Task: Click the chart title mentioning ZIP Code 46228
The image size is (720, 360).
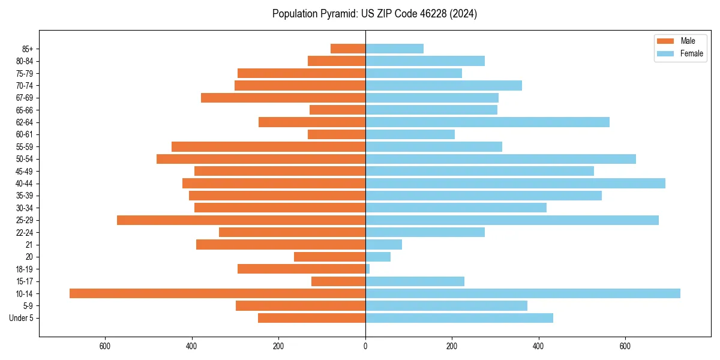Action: (374, 14)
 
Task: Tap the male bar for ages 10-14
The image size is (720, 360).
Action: (217, 293)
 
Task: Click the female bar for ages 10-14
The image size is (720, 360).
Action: (523, 293)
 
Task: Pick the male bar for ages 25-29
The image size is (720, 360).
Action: (241, 220)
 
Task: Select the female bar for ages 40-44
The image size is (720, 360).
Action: (515, 184)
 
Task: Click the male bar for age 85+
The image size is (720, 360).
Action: (348, 49)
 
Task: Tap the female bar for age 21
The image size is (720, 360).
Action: (384, 245)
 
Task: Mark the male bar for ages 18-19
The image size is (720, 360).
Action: (301, 269)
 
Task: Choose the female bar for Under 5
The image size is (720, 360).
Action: (459, 318)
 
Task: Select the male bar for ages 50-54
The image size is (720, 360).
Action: (261, 159)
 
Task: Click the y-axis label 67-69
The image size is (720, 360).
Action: (25, 98)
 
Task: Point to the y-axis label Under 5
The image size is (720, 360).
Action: (21, 318)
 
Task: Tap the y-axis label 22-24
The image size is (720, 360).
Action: (25, 232)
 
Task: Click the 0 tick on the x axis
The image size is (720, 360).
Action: (365, 346)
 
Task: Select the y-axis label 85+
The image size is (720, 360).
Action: (28, 49)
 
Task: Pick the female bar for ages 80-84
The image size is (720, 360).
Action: (425, 61)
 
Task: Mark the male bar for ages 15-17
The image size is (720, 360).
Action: (338, 281)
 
